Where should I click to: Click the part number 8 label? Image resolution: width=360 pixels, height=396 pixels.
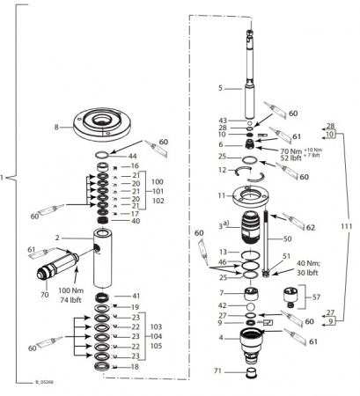coord(56,127)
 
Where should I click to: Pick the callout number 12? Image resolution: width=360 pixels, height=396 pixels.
coord(222,169)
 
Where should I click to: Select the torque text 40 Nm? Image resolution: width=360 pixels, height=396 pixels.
coord(307,263)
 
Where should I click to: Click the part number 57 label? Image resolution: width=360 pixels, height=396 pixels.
coord(316,297)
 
